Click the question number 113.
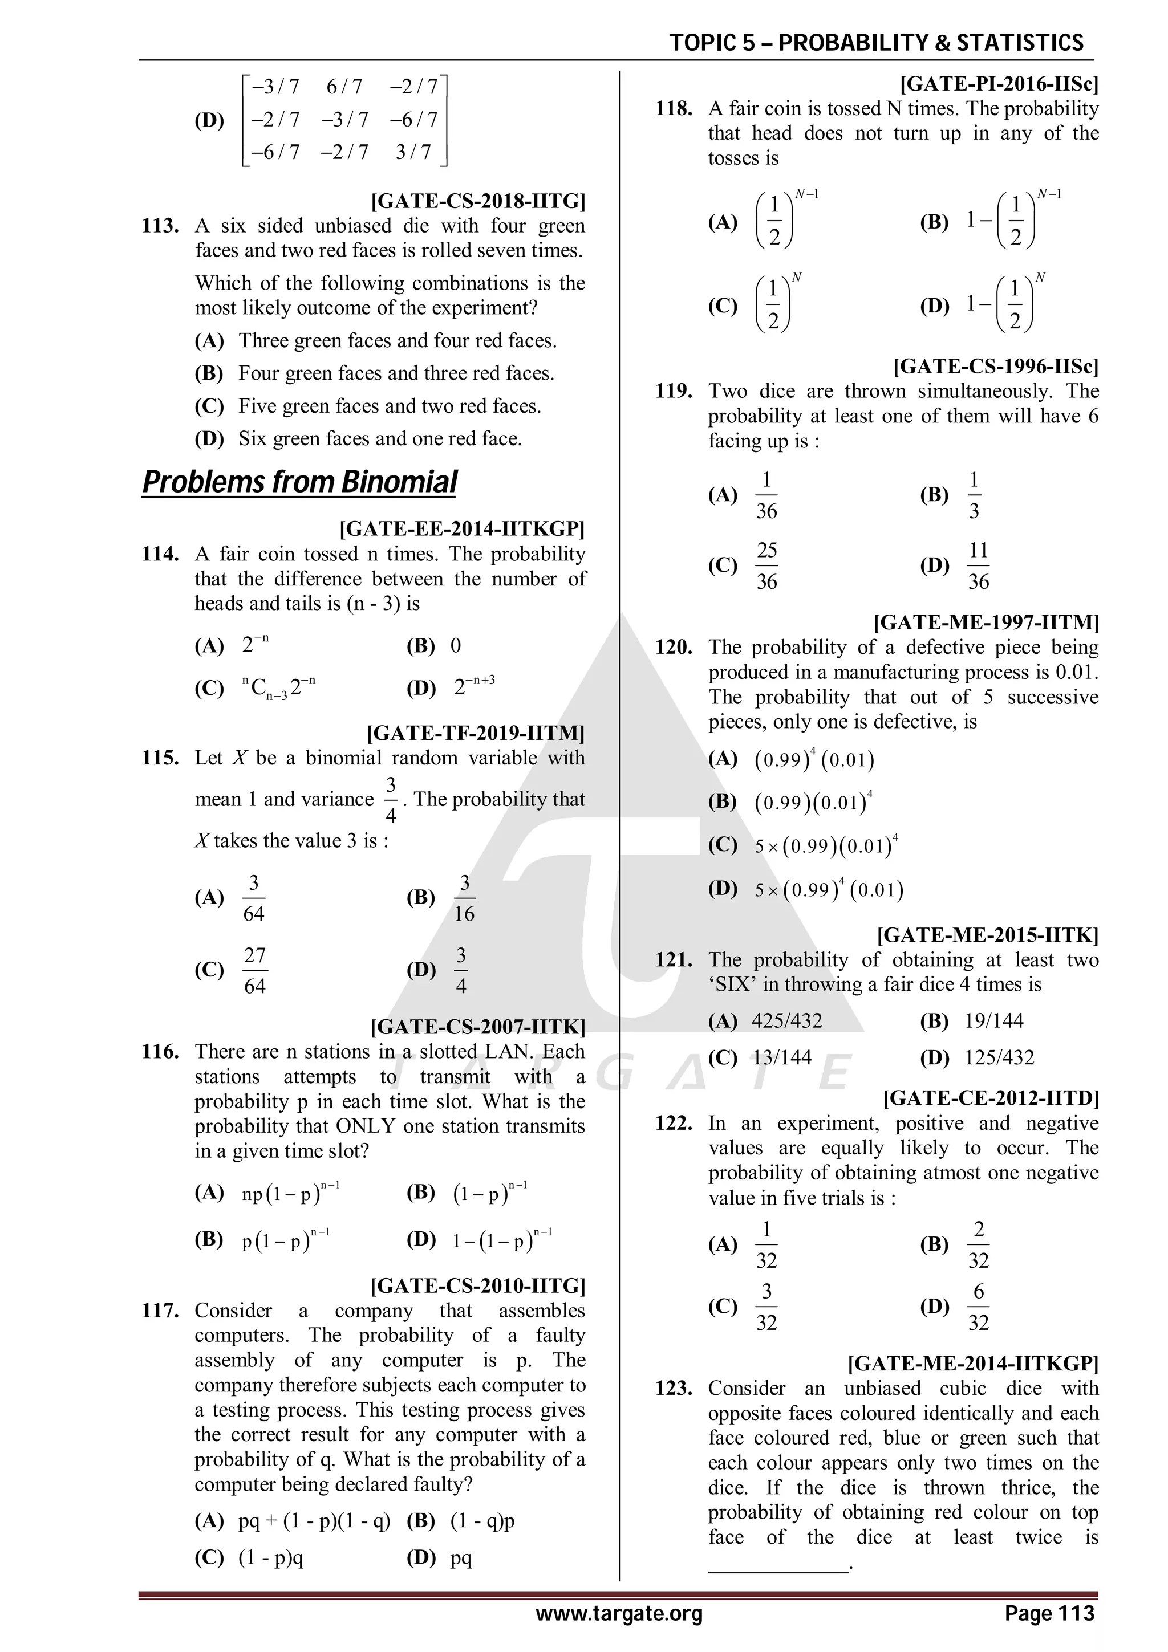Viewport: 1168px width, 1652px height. tap(160, 226)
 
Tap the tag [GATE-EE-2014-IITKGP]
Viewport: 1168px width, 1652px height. tap(461, 530)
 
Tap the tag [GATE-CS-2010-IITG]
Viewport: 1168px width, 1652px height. tap(477, 1286)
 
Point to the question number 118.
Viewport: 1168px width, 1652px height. tap(674, 109)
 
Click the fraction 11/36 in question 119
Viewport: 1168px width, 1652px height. tap(978, 566)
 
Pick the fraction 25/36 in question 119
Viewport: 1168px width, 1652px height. tap(766, 566)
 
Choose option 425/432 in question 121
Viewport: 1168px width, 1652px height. tap(786, 1021)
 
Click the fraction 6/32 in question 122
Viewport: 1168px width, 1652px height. tap(978, 1307)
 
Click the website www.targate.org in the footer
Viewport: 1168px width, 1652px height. tap(619, 1614)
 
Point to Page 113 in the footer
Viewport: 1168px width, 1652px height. tap(1049, 1614)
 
